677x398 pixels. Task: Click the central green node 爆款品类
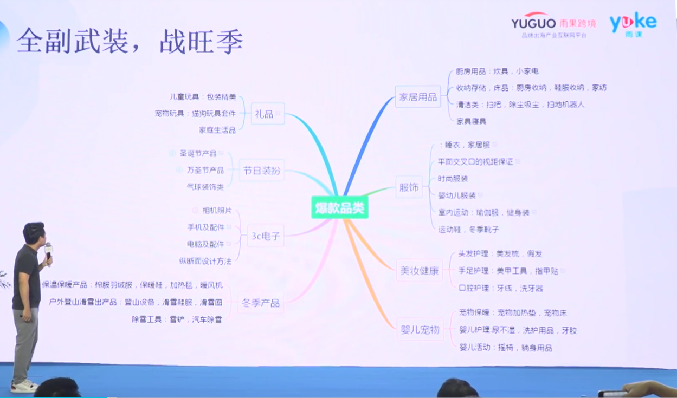coord(340,208)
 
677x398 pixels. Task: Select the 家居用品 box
coord(418,97)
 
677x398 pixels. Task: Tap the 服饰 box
coord(409,187)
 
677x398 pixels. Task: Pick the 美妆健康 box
coord(419,270)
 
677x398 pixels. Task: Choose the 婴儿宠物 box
coord(419,329)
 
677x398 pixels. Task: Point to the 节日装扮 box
coord(262,171)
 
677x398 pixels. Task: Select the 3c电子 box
coord(266,236)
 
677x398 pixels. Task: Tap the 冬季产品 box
coord(261,302)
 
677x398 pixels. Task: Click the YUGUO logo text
coord(533,23)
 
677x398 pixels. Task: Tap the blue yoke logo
coord(633,23)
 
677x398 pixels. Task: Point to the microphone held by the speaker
coord(49,251)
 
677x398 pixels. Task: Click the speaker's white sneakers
coord(24,386)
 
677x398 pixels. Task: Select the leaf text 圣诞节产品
coord(198,154)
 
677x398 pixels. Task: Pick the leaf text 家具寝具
coord(471,121)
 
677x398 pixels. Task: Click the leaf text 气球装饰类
coord(205,187)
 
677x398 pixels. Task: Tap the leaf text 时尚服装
coord(453,179)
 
